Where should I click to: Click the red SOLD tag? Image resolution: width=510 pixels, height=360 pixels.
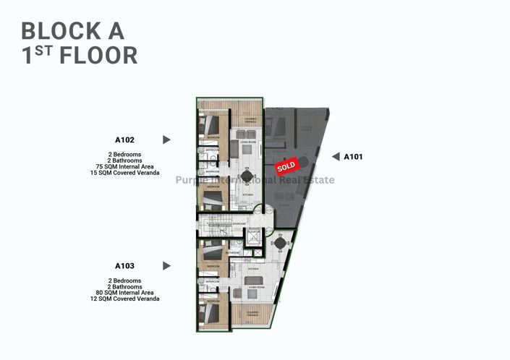(x=286, y=166)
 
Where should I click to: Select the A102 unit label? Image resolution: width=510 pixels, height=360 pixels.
(x=124, y=140)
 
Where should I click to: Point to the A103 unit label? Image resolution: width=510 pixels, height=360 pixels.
(x=124, y=265)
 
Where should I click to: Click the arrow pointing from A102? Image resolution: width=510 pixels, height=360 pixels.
(x=166, y=140)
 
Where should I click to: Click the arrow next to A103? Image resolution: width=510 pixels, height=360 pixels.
(x=166, y=265)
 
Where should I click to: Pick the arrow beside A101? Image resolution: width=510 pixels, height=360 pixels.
(x=335, y=156)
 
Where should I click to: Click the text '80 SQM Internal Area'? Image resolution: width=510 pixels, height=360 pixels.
(x=135, y=293)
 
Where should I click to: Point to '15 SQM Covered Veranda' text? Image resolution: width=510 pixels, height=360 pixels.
(x=135, y=173)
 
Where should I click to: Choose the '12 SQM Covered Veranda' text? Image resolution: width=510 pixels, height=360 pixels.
(x=135, y=299)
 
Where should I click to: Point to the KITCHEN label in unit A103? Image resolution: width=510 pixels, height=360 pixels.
(x=254, y=267)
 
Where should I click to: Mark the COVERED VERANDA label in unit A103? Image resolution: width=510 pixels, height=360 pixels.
(x=251, y=314)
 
